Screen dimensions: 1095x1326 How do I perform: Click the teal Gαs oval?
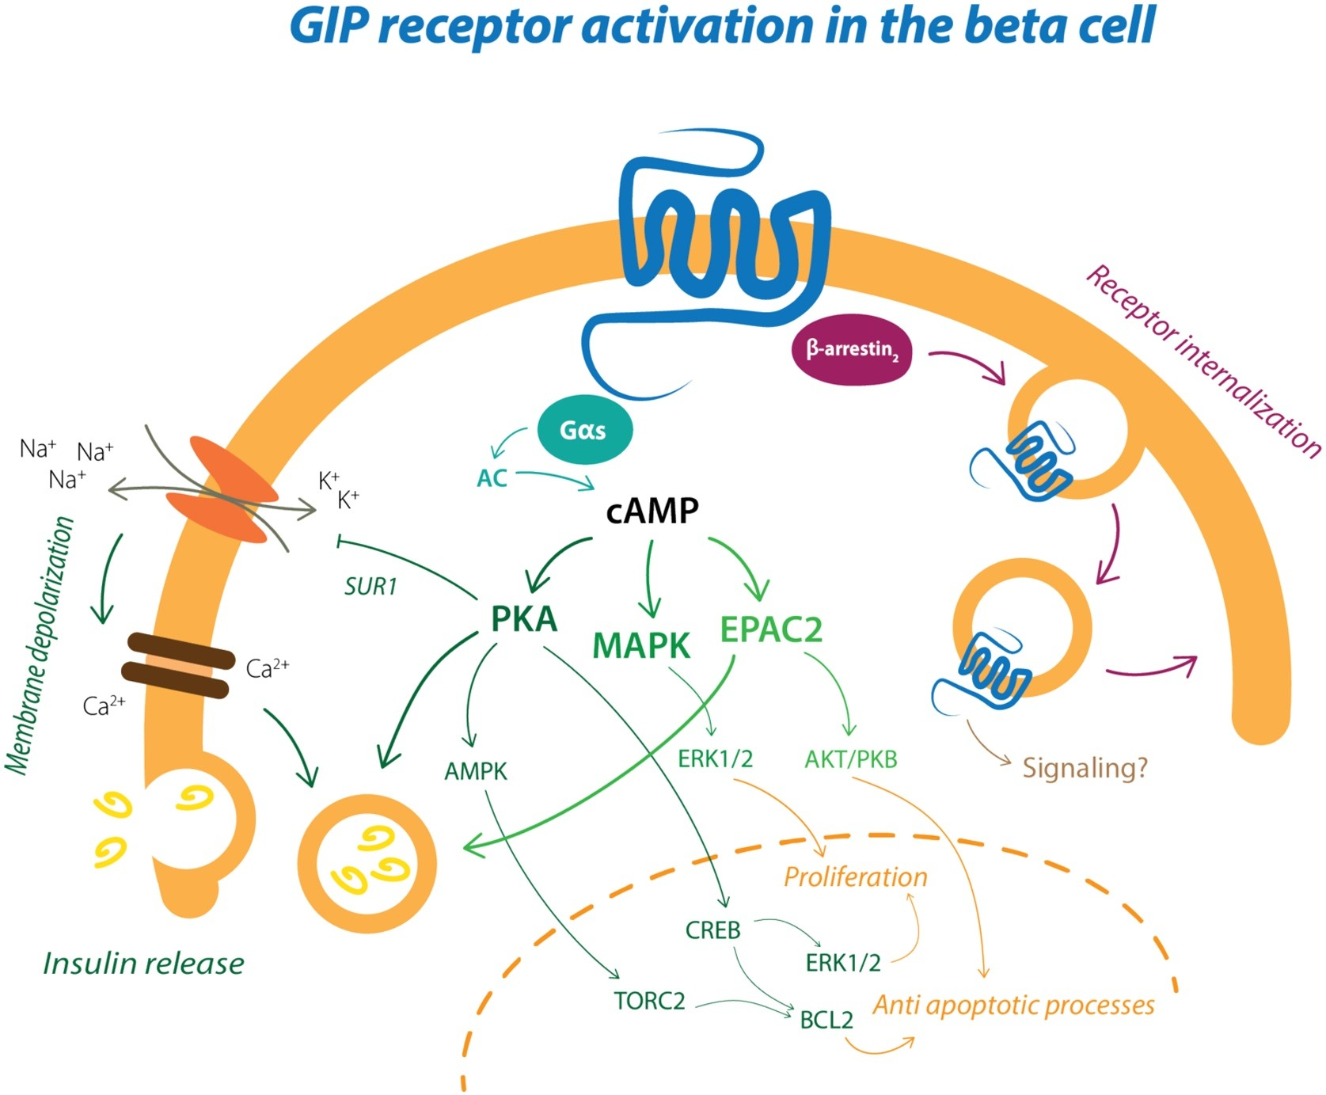click(x=583, y=430)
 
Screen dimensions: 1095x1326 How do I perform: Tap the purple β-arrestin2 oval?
click(x=851, y=350)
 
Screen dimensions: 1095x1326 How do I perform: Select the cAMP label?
click(x=652, y=511)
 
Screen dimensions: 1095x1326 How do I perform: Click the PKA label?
click(x=524, y=619)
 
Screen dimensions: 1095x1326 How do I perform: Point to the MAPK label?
click(x=641, y=646)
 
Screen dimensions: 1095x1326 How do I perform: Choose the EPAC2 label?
click(x=771, y=629)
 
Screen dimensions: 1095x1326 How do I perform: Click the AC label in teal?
click(x=492, y=478)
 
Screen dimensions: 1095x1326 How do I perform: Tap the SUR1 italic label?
click(x=370, y=587)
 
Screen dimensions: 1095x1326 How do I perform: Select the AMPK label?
click(x=475, y=771)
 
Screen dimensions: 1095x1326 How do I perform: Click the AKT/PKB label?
click(x=851, y=760)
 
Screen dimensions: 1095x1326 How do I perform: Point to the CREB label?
click(x=712, y=930)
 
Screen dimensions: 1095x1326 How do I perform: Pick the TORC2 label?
click(x=649, y=1002)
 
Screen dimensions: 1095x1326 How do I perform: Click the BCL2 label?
click(x=826, y=1021)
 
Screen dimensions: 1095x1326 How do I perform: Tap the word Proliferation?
click(x=855, y=877)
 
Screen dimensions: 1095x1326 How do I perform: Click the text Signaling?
click(x=1085, y=768)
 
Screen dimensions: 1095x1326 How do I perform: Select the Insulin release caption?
click(x=143, y=964)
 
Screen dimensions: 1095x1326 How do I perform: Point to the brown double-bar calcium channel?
click(x=178, y=666)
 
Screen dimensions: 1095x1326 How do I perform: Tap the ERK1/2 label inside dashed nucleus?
click(x=842, y=963)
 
